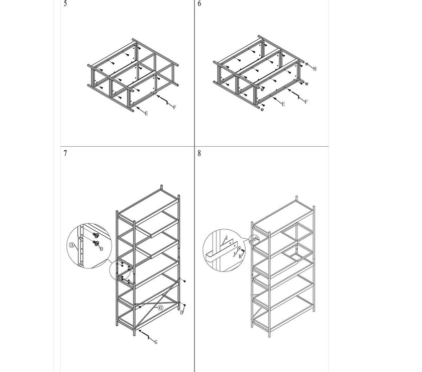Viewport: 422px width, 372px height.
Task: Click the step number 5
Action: click(65, 4)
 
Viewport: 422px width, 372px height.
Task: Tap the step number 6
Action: click(199, 4)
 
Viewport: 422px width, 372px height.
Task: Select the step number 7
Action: click(65, 153)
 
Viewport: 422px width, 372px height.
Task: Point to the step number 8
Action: click(199, 153)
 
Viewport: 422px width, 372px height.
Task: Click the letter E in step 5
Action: click(146, 114)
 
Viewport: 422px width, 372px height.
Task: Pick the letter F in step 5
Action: click(174, 108)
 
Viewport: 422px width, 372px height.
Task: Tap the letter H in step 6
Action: click(314, 69)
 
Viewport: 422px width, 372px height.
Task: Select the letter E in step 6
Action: click(283, 104)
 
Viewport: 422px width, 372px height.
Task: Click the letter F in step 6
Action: click(306, 102)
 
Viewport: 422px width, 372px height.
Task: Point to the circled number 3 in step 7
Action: click(71, 245)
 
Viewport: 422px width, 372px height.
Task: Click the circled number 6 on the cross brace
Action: click(160, 308)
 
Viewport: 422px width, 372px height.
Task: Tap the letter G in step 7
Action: click(156, 342)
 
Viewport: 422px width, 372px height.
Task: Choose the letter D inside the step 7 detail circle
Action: click(101, 249)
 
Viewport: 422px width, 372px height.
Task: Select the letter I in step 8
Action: click(227, 238)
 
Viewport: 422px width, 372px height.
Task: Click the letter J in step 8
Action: click(234, 254)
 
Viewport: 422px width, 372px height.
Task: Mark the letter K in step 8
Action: click(240, 257)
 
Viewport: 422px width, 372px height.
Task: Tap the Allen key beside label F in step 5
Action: click(165, 100)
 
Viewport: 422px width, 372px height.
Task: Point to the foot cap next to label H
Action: click(306, 64)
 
